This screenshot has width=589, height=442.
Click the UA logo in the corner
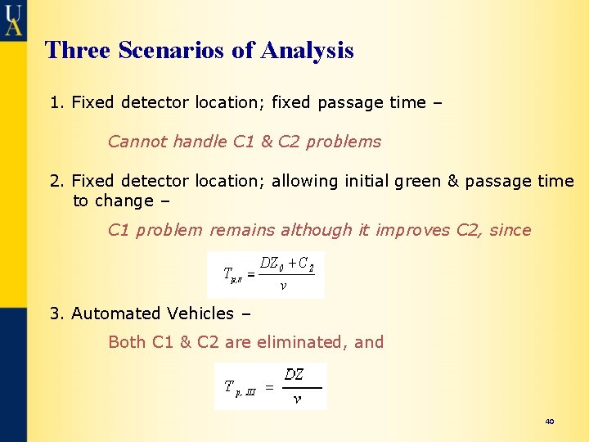[13, 19]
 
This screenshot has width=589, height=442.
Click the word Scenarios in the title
[172, 50]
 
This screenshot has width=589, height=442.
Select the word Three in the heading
[78, 50]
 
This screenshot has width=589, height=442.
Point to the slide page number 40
[549, 421]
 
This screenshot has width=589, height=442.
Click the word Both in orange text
[127, 342]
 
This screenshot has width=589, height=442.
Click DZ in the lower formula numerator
[294, 375]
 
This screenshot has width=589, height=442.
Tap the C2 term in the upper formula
[306, 264]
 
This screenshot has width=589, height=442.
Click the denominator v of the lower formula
[296, 399]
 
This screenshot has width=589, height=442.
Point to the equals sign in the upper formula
[250, 275]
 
